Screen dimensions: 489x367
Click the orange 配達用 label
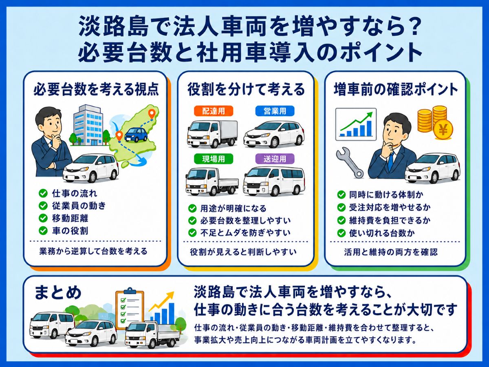click(214, 111)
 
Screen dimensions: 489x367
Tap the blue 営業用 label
click(275, 111)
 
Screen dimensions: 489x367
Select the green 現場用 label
click(214, 159)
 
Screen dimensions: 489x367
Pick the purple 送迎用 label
click(275, 159)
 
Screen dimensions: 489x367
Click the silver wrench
click(350, 163)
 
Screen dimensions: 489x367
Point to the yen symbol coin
click(443, 130)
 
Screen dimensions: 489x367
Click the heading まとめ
click(58, 292)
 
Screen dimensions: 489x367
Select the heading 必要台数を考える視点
click(96, 89)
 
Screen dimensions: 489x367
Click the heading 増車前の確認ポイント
click(396, 89)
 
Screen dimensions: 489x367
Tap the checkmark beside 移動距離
click(43, 218)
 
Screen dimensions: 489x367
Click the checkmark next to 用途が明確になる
click(192, 208)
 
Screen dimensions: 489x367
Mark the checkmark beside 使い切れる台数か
click(341, 233)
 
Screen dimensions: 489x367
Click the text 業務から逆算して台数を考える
click(93, 251)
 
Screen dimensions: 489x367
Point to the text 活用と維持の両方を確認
click(391, 252)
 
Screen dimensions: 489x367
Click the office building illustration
click(88, 125)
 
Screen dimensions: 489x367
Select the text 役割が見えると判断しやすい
click(243, 252)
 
